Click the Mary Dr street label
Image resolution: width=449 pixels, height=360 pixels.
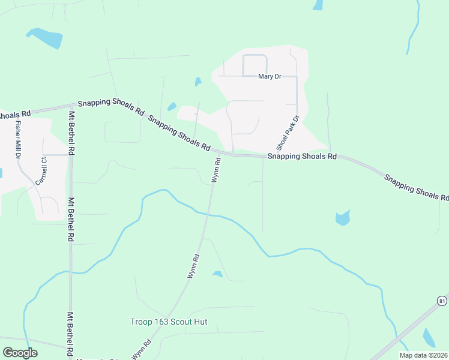(270, 77)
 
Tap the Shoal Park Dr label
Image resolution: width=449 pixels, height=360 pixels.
(287, 133)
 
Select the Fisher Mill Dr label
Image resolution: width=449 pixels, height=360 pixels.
(19, 140)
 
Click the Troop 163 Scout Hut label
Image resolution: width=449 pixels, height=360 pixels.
(169, 322)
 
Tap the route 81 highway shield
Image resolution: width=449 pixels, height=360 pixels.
(442, 300)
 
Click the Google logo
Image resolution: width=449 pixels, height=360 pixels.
(20, 352)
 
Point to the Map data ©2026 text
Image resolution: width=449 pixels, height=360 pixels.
(423, 355)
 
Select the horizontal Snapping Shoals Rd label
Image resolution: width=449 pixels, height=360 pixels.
(302, 156)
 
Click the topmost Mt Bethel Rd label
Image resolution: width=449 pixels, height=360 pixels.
(71, 133)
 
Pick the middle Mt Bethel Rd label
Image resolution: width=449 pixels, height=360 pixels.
(71, 220)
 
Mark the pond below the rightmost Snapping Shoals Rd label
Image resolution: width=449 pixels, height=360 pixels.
(342, 217)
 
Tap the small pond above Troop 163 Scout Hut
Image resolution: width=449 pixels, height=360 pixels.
(217, 274)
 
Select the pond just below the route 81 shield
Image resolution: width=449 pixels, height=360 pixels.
(430, 338)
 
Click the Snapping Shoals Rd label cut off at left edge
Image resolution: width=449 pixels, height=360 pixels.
(15, 115)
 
